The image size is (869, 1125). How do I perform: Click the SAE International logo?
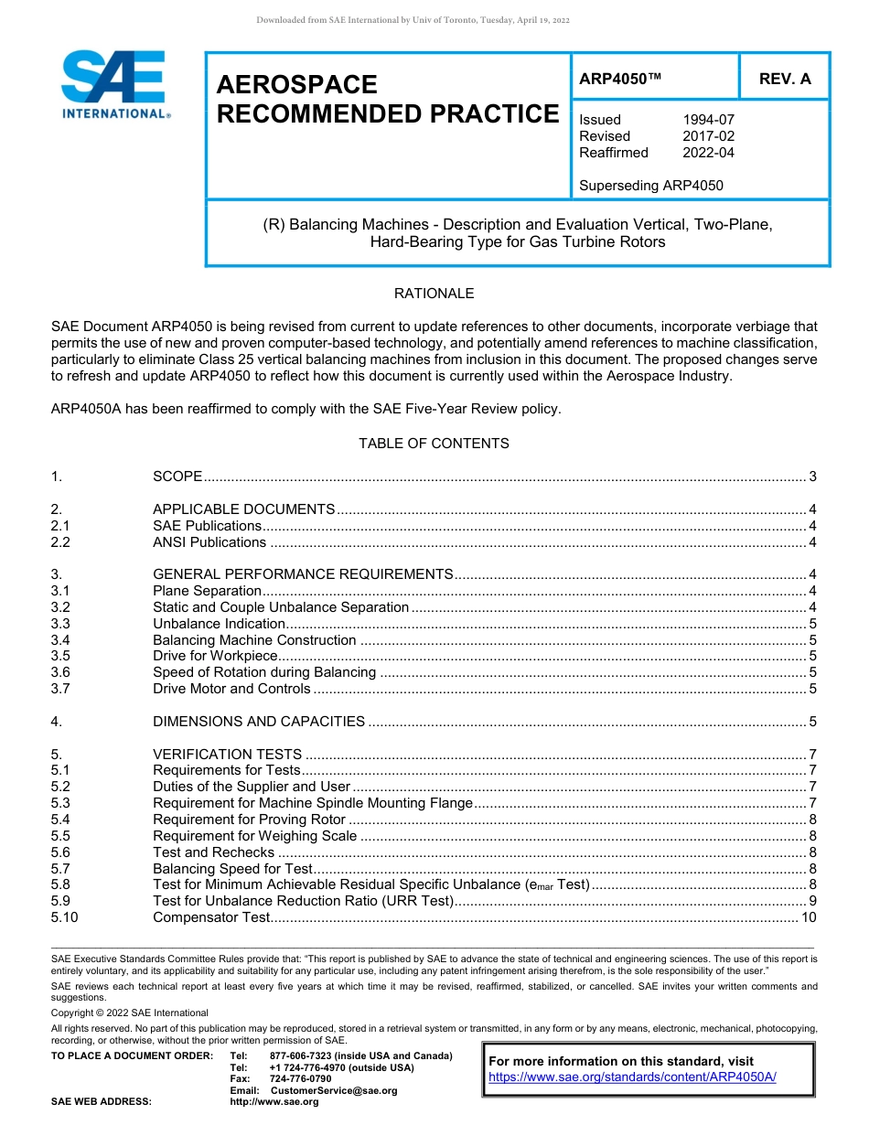(x=114, y=84)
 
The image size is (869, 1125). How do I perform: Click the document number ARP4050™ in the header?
(x=620, y=80)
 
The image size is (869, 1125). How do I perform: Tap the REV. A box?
(x=784, y=80)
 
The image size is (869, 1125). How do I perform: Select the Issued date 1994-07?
(x=708, y=120)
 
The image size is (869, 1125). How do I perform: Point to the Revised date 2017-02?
(x=708, y=136)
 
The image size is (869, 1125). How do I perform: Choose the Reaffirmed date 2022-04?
(x=708, y=153)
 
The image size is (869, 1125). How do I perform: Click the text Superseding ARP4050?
(x=650, y=186)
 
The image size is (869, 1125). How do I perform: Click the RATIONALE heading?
(x=434, y=294)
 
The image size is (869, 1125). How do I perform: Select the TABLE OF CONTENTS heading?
(x=434, y=444)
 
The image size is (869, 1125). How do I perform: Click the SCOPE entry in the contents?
(x=177, y=477)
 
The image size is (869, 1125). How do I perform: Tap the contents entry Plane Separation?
(x=207, y=591)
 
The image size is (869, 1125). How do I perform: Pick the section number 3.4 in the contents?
(x=60, y=640)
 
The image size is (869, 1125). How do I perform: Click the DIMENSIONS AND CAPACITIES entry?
(x=259, y=722)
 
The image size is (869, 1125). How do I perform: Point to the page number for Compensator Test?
(x=808, y=917)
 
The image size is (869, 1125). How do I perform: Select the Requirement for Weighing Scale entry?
(x=254, y=836)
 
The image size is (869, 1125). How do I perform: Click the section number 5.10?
(x=64, y=917)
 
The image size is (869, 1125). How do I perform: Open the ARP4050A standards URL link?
(x=632, y=1077)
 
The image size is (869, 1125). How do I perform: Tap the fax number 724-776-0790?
(x=300, y=1079)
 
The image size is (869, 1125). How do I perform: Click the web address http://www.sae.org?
(x=274, y=1102)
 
